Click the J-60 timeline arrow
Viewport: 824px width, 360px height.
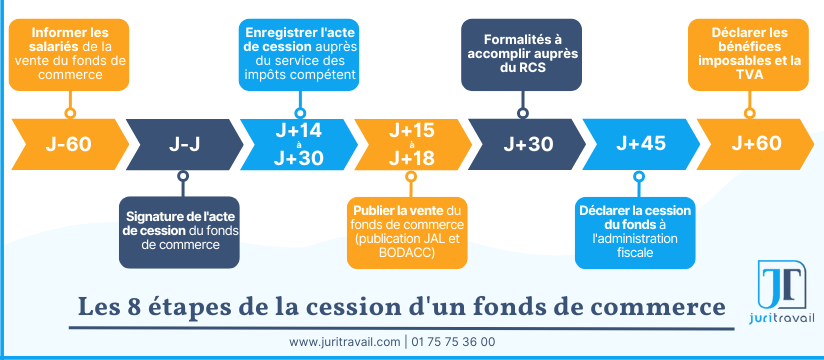[x=68, y=143]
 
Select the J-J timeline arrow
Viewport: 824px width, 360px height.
[x=182, y=143]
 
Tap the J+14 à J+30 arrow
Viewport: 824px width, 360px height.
[x=297, y=143]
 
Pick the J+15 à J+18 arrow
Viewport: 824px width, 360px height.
[x=411, y=143]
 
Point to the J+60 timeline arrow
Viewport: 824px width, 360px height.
[x=755, y=143]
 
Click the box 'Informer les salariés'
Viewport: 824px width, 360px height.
[x=69, y=53]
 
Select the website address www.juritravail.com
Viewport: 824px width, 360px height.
[x=345, y=342]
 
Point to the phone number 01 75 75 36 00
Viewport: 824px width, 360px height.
[x=453, y=342]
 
